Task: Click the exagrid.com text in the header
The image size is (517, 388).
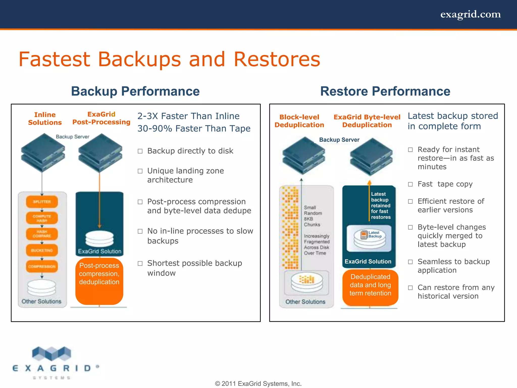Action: click(x=470, y=14)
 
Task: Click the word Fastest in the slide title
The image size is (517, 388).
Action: click(x=54, y=59)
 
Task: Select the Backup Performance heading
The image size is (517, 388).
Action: click(x=135, y=91)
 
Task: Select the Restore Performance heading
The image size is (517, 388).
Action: click(x=385, y=91)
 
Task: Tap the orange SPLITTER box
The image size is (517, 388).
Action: click(x=42, y=202)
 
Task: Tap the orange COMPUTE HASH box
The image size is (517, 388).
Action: click(x=42, y=218)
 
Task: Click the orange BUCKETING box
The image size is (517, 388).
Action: click(x=42, y=250)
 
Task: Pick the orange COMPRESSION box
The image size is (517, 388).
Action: click(x=42, y=266)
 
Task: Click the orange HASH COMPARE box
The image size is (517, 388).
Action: click(x=42, y=234)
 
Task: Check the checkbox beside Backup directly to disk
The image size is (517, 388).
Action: click(x=140, y=151)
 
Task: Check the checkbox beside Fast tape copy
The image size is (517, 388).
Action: click(x=410, y=184)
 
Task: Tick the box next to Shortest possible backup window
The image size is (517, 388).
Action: click(x=140, y=263)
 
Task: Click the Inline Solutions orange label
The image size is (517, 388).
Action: click(x=45, y=118)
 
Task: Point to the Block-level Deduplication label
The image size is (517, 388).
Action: click(x=299, y=121)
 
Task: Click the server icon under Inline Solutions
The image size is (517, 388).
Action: click(x=43, y=153)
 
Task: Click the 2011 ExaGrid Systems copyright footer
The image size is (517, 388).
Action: click(x=258, y=383)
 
